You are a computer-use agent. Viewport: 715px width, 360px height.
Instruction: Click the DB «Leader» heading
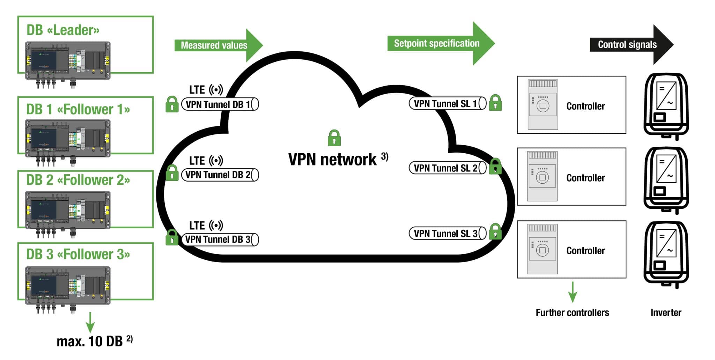click(63, 30)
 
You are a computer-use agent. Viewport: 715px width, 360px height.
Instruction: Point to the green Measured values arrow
click(218, 45)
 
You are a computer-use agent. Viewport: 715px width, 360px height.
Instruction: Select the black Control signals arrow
click(631, 45)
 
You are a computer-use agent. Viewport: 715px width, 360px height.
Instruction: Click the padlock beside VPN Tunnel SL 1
click(495, 103)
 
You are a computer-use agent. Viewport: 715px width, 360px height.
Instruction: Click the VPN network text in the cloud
click(332, 160)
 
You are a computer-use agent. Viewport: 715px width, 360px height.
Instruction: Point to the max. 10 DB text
click(90, 341)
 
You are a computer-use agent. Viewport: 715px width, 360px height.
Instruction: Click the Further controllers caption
click(572, 313)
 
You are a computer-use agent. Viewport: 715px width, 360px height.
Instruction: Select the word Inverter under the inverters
click(666, 313)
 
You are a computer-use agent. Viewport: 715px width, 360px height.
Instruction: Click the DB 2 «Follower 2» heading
click(78, 180)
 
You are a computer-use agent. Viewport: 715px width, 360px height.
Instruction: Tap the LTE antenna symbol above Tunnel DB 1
click(216, 90)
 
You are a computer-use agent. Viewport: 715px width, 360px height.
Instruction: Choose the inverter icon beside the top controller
click(666, 105)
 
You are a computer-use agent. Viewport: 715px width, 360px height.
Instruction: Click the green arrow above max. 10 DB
click(90, 322)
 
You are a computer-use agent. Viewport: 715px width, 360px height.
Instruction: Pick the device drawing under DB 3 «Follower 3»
click(68, 286)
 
